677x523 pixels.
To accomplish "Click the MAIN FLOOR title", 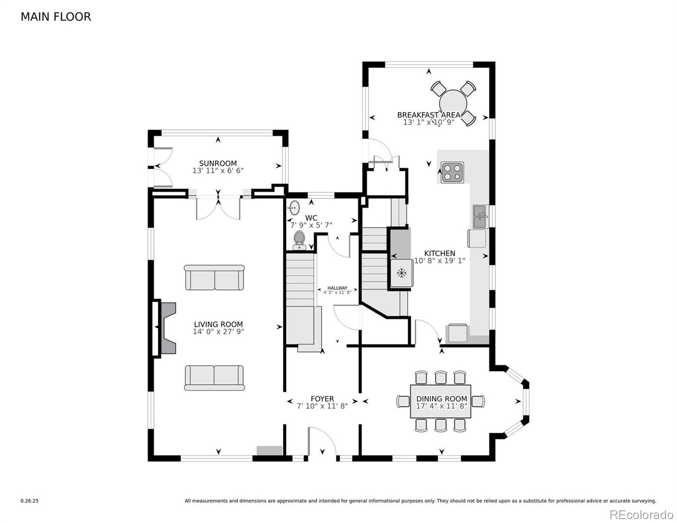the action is click(x=56, y=17).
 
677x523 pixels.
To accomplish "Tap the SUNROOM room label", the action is click(x=218, y=163).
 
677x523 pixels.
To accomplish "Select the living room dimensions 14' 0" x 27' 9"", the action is click(x=218, y=332).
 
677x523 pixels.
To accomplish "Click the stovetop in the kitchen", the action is click(x=452, y=172).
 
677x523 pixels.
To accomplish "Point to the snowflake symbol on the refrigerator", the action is click(x=401, y=273).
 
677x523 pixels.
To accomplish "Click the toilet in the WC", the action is click(x=299, y=240).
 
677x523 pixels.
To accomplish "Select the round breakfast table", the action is click(x=453, y=104).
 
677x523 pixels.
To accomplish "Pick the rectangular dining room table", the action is click(x=441, y=401).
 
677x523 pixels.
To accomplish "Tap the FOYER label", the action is click(x=322, y=399).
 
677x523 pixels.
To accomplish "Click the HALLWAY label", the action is click(x=337, y=288).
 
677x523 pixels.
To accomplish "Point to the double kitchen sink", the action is click(x=480, y=217).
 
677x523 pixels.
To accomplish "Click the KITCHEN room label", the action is click(x=439, y=253).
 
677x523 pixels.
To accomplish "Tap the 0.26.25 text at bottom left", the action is click(x=30, y=501).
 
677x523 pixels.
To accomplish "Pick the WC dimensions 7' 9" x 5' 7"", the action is click(x=311, y=225).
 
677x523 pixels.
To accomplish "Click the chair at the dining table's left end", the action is click(x=403, y=401).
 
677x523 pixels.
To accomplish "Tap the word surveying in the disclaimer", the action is click(x=644, y=501).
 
